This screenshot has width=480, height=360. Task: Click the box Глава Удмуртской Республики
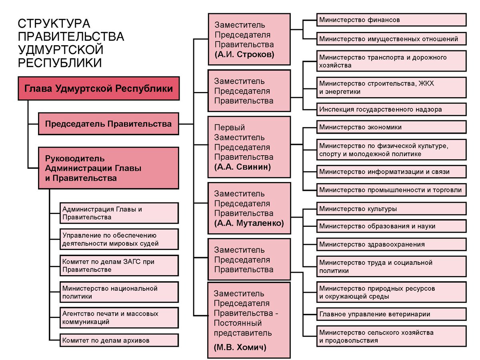click(x=99, y=88)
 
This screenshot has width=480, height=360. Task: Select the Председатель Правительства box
click(x=108, y=124)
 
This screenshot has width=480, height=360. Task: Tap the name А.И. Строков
click(x=244, y=55)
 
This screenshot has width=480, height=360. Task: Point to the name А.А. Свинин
click(x=242, y=167)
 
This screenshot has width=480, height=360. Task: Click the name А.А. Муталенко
click(x=249, y=223)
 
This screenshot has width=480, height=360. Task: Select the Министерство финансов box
click(x=391, y=20)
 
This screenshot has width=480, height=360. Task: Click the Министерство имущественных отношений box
click(x=391, y=39)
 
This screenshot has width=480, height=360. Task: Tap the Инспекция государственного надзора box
click(x=391, y=109)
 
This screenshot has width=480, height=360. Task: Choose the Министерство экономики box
click(x=391, y=127)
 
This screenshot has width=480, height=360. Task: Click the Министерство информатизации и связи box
click(x=391, y=172)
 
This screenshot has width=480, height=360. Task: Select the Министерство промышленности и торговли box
click(x=391, y=190)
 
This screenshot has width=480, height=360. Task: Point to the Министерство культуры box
click(x=391, y=209)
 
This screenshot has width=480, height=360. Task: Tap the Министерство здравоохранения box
click(x=391, y=244)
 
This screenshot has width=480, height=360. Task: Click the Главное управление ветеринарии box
click(x=391, y=314)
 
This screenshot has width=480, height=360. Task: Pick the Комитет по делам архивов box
click(x=119, y=341)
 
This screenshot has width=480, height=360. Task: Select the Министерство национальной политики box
click(x=119, y=292)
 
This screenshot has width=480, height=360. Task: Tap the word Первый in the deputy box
click(x=230, y=128)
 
